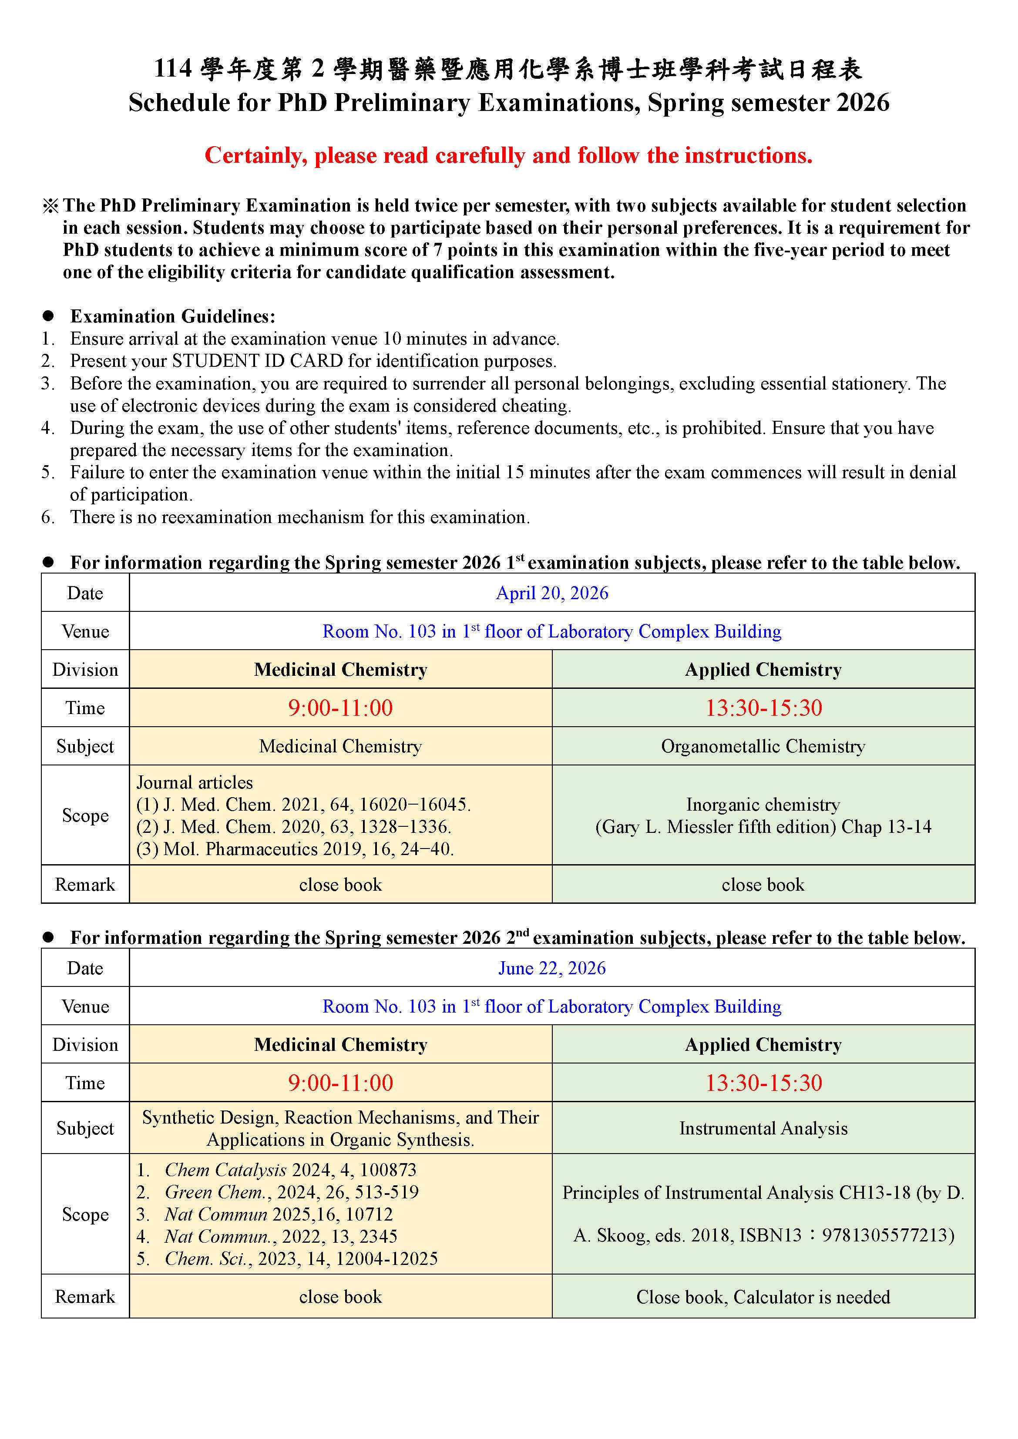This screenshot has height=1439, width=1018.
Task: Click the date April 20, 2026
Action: [x=551, y=593]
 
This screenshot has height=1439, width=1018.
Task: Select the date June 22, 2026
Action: [x=551, y=968]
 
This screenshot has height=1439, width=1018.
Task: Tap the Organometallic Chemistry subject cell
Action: [x=763, y=746]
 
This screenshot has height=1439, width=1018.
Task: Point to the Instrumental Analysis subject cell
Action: [x=763, y=1128]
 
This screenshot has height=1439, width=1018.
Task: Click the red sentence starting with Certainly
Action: [x=508, y=155]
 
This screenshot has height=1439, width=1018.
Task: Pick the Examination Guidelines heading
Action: [x=172, y=316]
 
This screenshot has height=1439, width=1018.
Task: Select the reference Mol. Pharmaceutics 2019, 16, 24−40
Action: [x=295, y=849]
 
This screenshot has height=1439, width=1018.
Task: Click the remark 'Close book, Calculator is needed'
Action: [x=763, y=1297]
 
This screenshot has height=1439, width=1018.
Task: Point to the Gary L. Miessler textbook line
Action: [x=763, y=827]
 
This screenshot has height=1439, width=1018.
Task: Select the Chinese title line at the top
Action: [x=508, y=70]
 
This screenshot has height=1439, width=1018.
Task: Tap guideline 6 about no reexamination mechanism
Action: [x=299, y=517]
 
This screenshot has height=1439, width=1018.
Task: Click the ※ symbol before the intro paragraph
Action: [x=50, y=205]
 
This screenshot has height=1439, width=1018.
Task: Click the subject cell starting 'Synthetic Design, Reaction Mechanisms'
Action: [x=340, y=1128]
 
